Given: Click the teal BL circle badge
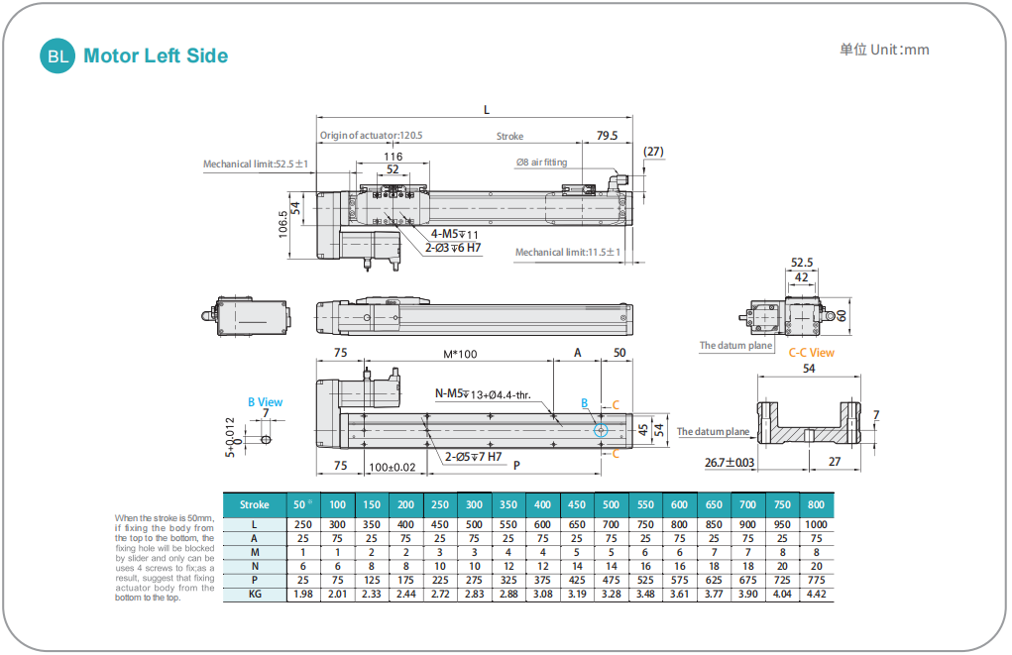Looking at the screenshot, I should (57, 56).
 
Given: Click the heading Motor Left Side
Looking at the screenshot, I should (156, 56).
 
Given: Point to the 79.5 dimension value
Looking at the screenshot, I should (607, 136).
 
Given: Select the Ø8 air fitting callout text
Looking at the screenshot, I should (541, 162).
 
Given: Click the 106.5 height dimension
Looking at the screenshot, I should (283, 223).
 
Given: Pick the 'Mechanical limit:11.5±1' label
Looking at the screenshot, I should (567, 253).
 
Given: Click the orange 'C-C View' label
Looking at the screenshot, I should (811, 353).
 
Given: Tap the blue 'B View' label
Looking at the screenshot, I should (265, 402).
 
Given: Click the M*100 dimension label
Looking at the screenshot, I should (459, 354).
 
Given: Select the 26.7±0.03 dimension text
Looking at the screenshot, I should (729, 462).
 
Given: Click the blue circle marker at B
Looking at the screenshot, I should (601, 429).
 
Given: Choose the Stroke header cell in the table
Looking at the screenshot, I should (255, 504).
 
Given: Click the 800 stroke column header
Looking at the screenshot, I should (816, 504).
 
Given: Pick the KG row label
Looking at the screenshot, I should (255, 595).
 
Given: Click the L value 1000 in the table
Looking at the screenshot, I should (816, 524).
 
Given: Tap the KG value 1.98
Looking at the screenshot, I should (303, 595).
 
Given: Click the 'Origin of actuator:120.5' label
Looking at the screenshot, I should (371, 136).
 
